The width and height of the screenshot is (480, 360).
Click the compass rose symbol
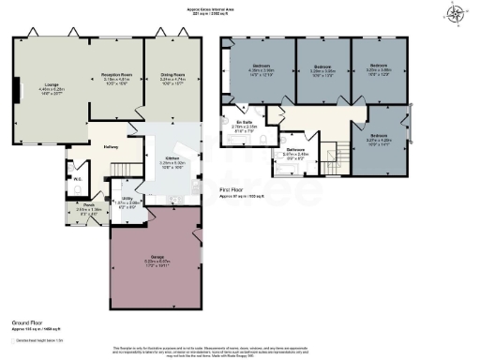(457, 13)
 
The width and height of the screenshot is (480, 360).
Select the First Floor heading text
(235, 190)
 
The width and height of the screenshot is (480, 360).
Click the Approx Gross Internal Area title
(240, 11)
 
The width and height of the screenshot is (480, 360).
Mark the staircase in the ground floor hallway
(121, 170)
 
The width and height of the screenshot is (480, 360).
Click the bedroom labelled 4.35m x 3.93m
(259, 71)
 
